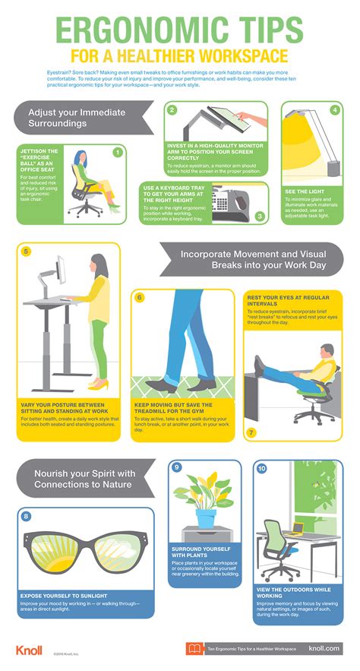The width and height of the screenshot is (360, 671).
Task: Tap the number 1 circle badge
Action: pyautogui.click(x=118, y=151)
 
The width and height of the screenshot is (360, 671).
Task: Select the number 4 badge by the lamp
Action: pyautogui.click(x=335, y=109)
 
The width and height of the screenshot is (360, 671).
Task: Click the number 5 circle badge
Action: pyautogui.click(x=27, y=252)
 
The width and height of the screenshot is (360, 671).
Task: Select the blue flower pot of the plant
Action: pyautogui.click(x=206, y=519)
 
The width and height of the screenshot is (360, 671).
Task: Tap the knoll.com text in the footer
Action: pyautogui.click(x=325, y=648)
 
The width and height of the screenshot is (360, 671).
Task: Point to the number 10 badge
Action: pyautogui.click(x=262, y=469)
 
